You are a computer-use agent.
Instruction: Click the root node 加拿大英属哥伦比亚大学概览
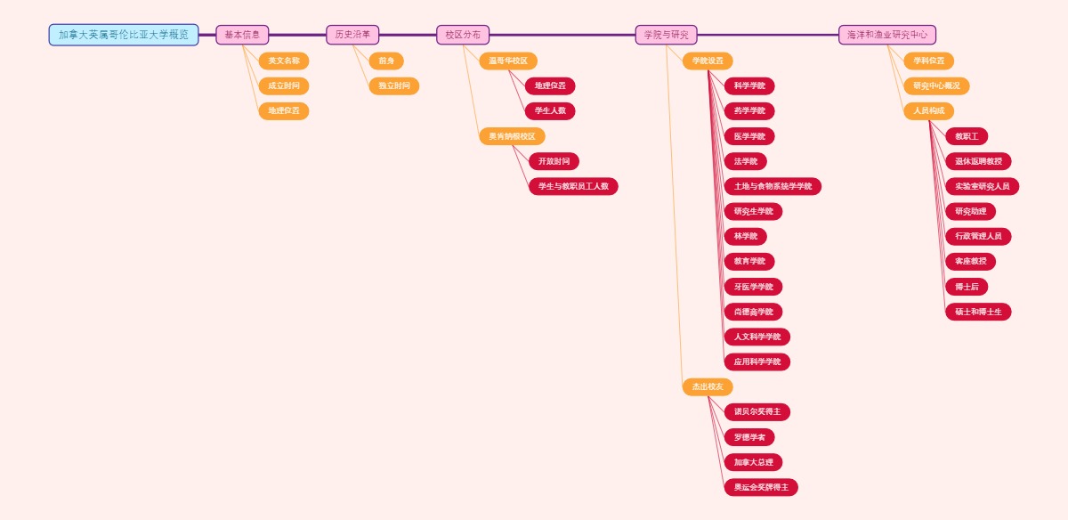(124, 35)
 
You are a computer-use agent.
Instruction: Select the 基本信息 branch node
(242, 35)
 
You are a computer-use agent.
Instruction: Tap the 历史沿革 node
(352, 35)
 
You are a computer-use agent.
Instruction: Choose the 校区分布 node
(463, 35)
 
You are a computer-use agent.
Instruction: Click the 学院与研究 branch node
(666, 35)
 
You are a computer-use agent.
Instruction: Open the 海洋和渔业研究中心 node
(886, 35)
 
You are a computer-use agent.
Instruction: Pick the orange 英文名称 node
(284, 61)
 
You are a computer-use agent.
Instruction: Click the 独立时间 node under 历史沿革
(394, 86)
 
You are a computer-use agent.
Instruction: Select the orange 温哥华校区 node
(508, 61)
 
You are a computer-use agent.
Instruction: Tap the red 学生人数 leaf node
(550, 111)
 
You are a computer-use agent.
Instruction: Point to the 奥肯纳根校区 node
(512, 136)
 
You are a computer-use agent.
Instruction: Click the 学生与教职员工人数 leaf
(573, 186)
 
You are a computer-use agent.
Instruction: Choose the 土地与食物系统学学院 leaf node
(773, 186)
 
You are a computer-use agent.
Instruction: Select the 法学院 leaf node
(746, 161)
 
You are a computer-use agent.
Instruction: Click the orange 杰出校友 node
(708, 386)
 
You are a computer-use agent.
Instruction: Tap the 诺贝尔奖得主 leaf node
(757, 412)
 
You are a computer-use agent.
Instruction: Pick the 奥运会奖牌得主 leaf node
(761, 487)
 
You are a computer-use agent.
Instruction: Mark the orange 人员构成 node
(928, 111)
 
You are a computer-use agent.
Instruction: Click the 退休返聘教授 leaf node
(978, 161)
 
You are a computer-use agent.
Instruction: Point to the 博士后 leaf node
(967, 287)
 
